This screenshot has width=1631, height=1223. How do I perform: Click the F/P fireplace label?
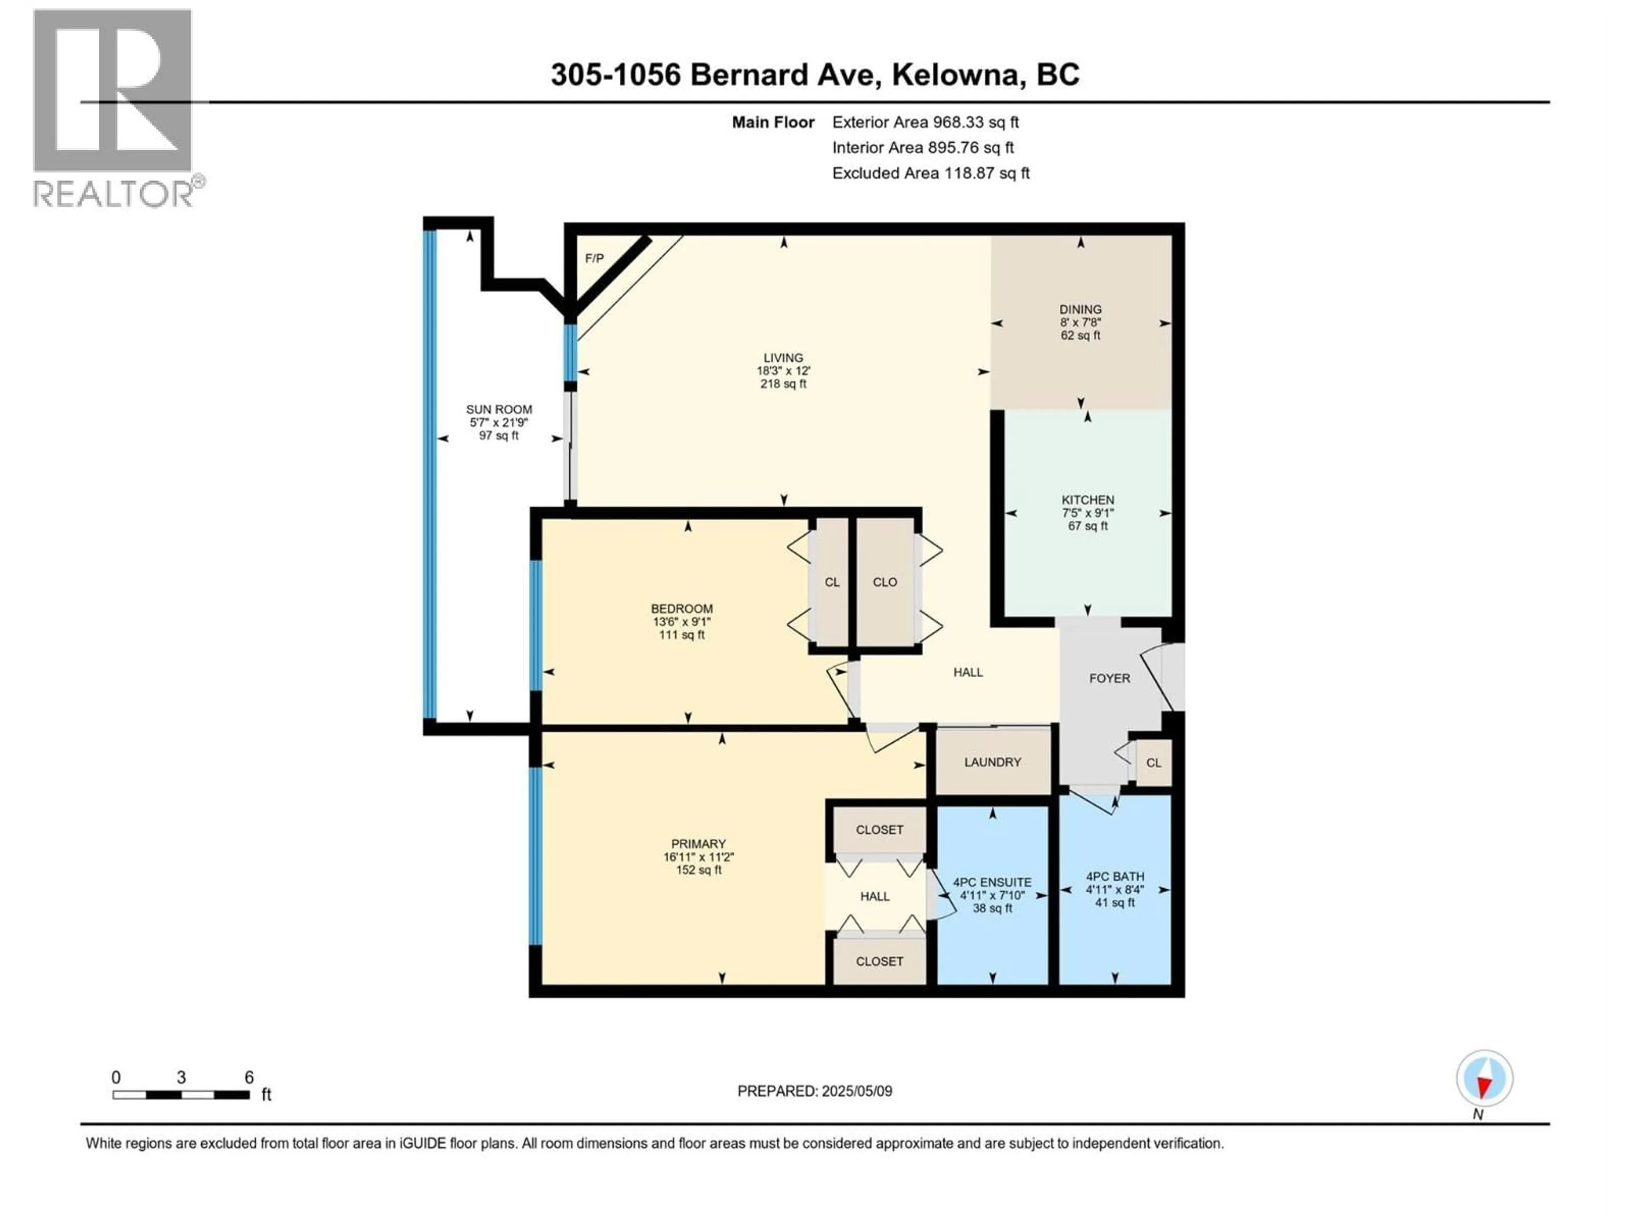tap(594, 259)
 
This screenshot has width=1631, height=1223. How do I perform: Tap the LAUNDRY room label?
tap(993, 762)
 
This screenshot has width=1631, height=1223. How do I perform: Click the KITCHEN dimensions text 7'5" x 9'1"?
tap(1088, 513)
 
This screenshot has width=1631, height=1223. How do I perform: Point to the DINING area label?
tap(1080, 310)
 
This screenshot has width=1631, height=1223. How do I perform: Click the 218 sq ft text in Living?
tap(783, 384)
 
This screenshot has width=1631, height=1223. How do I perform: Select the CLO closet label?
tap(885, 582)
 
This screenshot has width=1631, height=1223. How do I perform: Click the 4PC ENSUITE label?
tap(992, 882)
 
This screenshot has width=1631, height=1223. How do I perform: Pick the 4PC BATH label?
tap(1115, 876)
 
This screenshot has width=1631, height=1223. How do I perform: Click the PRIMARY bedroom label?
tap(698, 844)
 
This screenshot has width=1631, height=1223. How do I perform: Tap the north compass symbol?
tap(1484, 1079)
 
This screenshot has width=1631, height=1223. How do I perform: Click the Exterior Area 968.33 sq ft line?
tap(926, 122)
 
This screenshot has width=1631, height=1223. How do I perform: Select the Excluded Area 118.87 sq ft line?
tap(931, 173)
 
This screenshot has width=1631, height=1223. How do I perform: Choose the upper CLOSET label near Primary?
tap(879, 830)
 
